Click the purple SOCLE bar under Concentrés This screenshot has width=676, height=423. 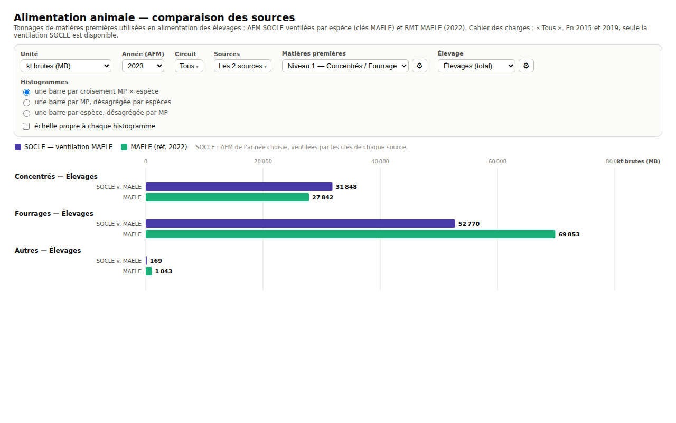[239, 187]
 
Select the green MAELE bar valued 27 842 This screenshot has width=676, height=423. [227, 197]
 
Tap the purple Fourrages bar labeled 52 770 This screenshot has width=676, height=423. [301, 224]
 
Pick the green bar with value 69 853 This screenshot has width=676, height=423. [350, 234]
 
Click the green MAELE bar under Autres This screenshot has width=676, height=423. [149, 271]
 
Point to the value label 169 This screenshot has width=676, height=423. [156, 261]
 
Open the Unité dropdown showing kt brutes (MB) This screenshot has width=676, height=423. [66, 66]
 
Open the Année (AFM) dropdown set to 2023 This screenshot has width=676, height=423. [143, 66]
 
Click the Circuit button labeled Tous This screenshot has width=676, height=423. [189, 66]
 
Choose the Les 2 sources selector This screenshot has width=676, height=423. [242, 66]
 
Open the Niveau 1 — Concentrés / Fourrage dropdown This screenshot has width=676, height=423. [345, 66]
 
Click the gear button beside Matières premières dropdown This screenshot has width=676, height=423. [419, 66]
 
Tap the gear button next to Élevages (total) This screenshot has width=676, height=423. [526, 66]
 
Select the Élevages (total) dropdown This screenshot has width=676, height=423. [476, 66]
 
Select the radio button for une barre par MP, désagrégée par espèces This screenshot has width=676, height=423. [26, 103]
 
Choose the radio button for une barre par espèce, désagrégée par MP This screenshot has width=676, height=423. [26, 113]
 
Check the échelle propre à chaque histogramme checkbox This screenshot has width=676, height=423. [26, 126]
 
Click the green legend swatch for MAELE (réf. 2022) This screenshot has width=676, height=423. [124, 147]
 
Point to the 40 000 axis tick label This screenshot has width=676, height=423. [380, 161]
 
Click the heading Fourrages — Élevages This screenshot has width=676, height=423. [54, 213]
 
